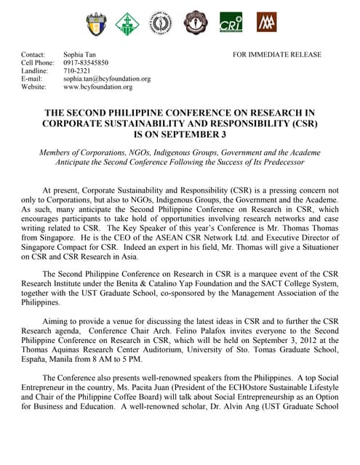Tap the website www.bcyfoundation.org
tap(98, 86)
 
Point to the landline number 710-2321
tap(77, 70)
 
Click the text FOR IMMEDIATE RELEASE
tap(277, 54)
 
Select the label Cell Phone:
tap(36, 62)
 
